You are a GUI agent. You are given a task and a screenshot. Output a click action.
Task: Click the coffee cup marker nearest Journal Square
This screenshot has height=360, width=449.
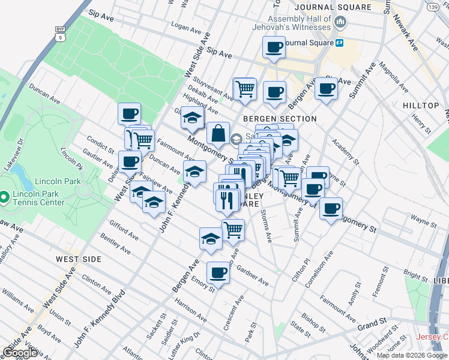coord(274,47)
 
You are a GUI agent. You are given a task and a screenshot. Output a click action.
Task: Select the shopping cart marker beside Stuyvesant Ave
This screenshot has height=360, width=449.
coord(245,89)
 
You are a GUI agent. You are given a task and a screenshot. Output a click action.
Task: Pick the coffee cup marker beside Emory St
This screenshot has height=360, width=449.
coord(218,273)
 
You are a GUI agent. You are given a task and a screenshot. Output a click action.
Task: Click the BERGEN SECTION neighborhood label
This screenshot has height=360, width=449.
coord(271,119)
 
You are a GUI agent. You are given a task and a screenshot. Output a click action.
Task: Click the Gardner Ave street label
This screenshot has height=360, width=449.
coord(252,275)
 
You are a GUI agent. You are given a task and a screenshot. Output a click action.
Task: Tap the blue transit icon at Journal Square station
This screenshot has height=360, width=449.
coord(339,43)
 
